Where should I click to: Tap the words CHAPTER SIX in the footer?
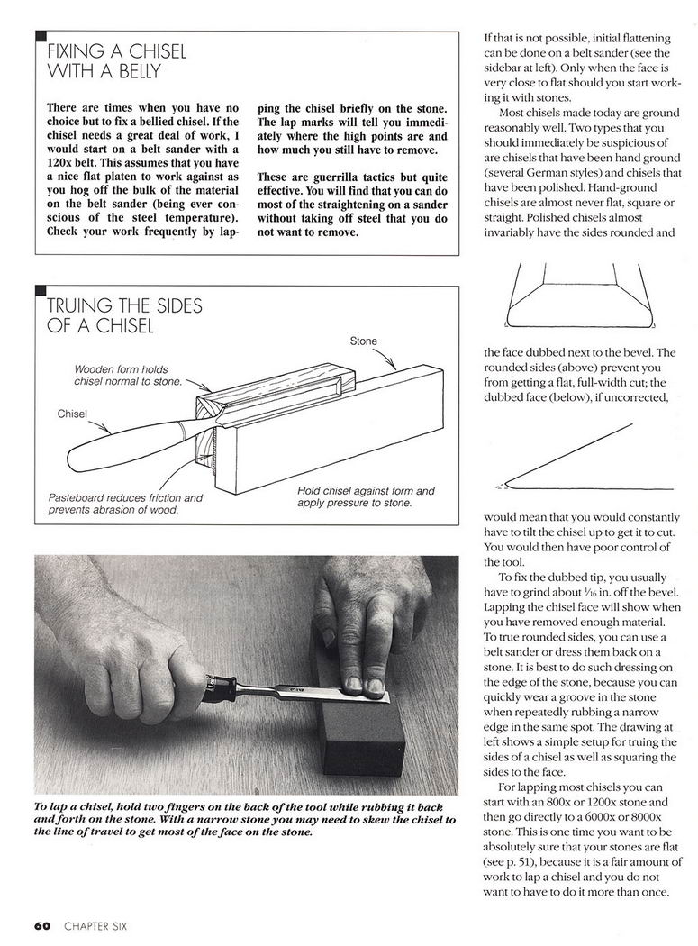coord(95,925)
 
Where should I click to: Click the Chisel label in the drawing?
coord(72,414)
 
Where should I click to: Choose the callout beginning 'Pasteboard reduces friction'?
coord(125,504)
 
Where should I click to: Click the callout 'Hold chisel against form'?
coord(365,496)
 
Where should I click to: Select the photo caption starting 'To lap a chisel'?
coord(243,819)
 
